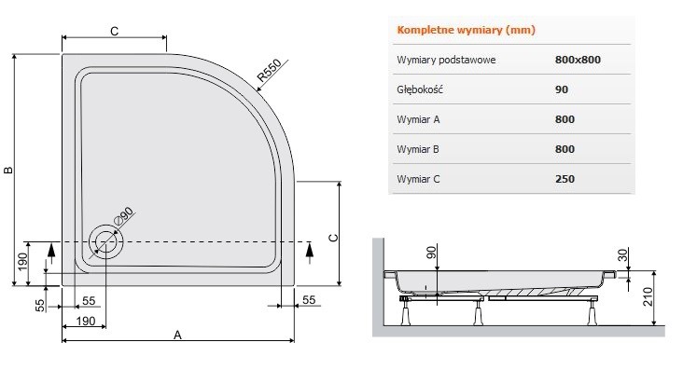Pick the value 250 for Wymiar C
(x=565, y=179)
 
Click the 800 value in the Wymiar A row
(x=565, y=119)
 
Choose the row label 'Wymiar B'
(x=418, y=149)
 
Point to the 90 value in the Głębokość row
(x=561, y=89)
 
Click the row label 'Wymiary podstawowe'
(x=446, y=60)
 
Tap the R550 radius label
(x=269, y=73)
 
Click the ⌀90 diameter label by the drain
(x=124, y=216)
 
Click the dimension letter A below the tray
(x=177, y=336)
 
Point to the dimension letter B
(x=7, y=170)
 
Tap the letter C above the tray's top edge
(x=113, y=31)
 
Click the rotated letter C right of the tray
(x=332, y=238)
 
